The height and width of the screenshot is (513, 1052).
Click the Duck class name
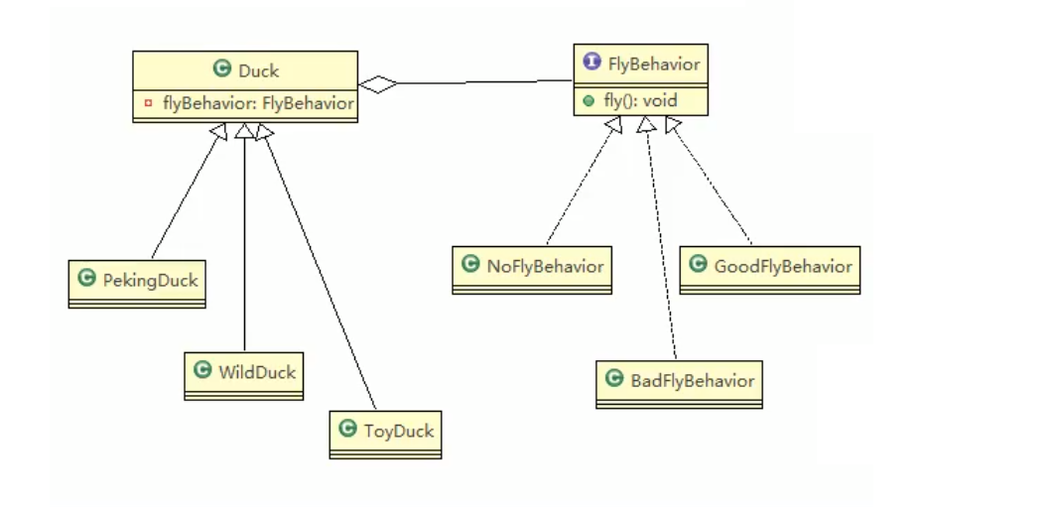click(259, 70)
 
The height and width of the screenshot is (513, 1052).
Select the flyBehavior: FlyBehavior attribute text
click(258, 103)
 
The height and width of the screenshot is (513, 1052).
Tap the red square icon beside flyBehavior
click(148, 103)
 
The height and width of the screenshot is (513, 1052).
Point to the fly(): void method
click(641, 100)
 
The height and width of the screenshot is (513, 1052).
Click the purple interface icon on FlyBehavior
click(592, 64)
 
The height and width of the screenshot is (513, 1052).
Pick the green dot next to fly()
click(590, 100)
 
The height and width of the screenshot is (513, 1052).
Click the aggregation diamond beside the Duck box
click(378, 84)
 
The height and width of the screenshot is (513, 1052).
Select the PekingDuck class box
click(137, 282)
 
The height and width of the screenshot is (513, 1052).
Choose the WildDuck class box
click(244, 375)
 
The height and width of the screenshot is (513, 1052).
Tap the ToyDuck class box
click(385, 434)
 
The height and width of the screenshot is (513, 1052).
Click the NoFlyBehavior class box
click(532, 268)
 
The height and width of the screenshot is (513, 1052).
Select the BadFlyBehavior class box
click(679, 383)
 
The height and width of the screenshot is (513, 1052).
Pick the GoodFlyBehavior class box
click(770, 268)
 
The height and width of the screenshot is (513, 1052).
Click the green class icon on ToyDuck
click(347, 430)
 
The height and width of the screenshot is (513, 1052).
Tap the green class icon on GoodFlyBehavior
click(697, 265)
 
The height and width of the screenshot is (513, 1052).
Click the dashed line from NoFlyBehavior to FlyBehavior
click(580, 183)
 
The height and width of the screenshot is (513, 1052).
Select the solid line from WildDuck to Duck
click(244, 248)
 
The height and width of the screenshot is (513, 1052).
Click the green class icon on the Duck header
click(222, 69)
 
